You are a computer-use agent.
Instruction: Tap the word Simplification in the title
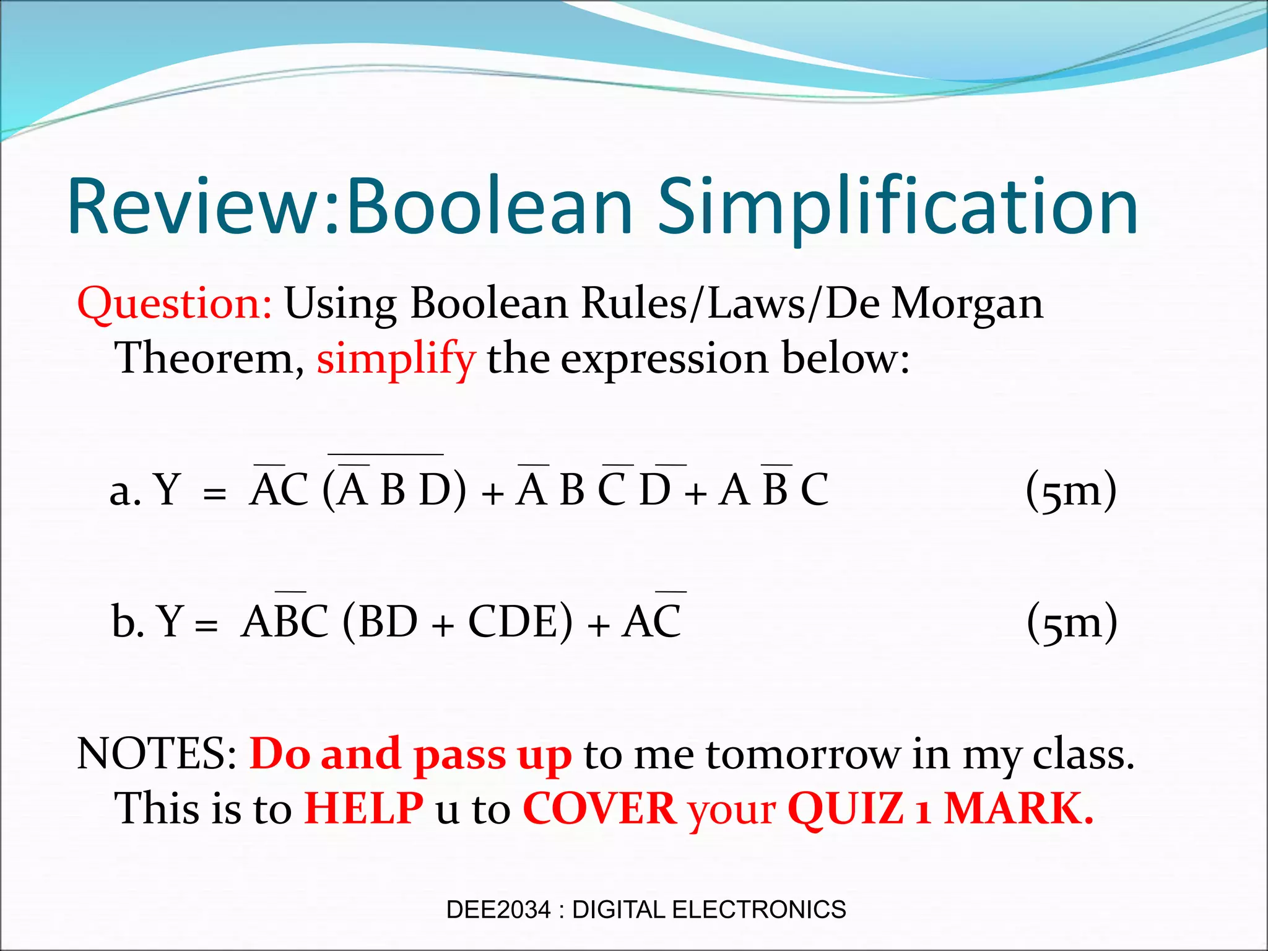tap(897, 207)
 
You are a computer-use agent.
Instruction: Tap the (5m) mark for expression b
tap(1072, 622)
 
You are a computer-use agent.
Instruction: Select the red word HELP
tap(364, 809)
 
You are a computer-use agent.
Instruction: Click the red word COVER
tap(599, 809)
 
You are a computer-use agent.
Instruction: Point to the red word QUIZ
tap(846, 809)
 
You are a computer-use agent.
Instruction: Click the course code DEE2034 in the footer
tap(498, 910)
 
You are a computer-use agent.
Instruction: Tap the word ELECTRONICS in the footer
tap(758, 910)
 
